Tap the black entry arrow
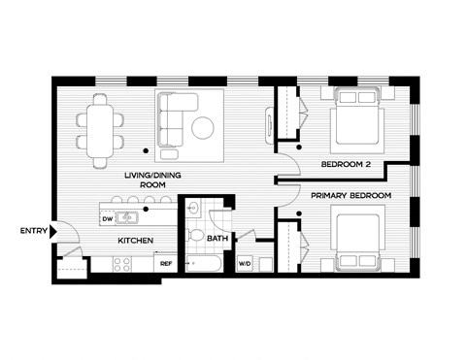coord(55,231)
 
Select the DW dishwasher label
coord(107,219)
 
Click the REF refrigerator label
coord(166,263)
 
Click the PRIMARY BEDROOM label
coord(351,196)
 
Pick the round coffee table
coord(205,128)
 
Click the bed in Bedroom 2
coord(357,118)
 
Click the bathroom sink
coord(193,206)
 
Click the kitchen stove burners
coord(122,263)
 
